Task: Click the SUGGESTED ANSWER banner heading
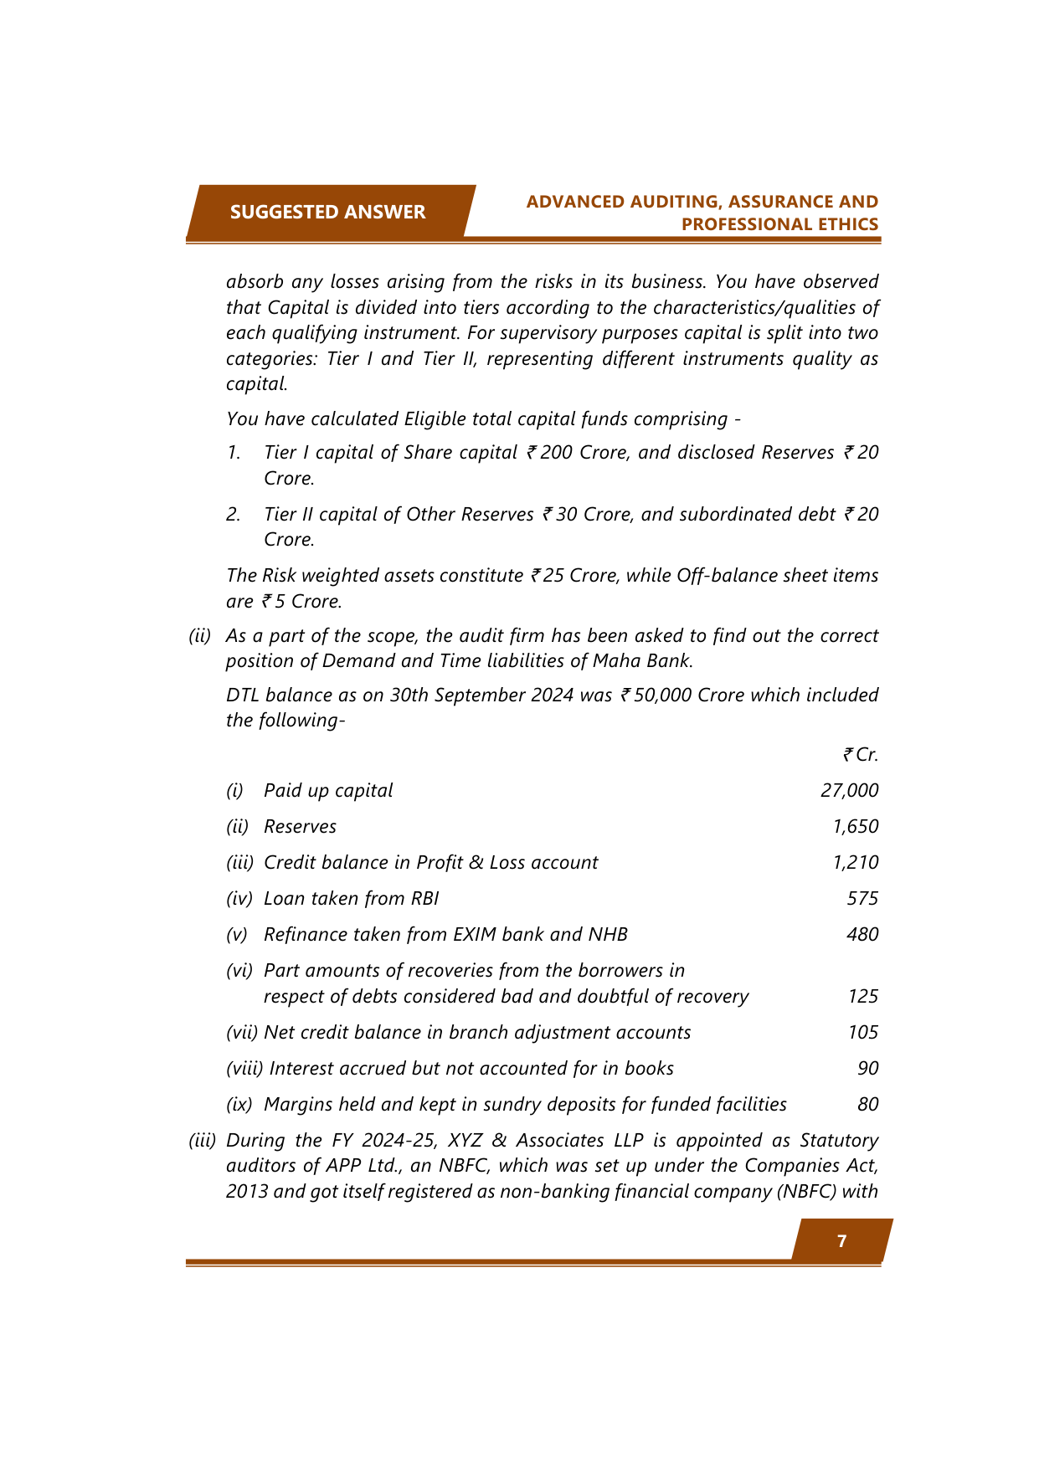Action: coord(327,212)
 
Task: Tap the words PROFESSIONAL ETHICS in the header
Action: coord(779,224)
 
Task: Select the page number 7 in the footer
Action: coord(841,1241)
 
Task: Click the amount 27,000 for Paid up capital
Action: coord(849,791)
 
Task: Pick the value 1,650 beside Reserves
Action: coord(855,827)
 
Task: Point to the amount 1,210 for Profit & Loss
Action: coord(855,863)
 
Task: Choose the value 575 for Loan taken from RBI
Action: coord(862,899)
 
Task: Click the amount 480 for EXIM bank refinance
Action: coord(862,935)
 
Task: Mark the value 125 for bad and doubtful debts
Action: coord(862,997)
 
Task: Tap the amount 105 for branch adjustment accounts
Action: coord(862,1033)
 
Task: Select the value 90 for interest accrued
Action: coord(867,1069)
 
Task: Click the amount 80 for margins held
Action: coord(867,1105)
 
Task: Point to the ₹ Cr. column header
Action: coord(861,755)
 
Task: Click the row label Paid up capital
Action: coord(328,791)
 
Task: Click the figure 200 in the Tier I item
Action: coord(556,453)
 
